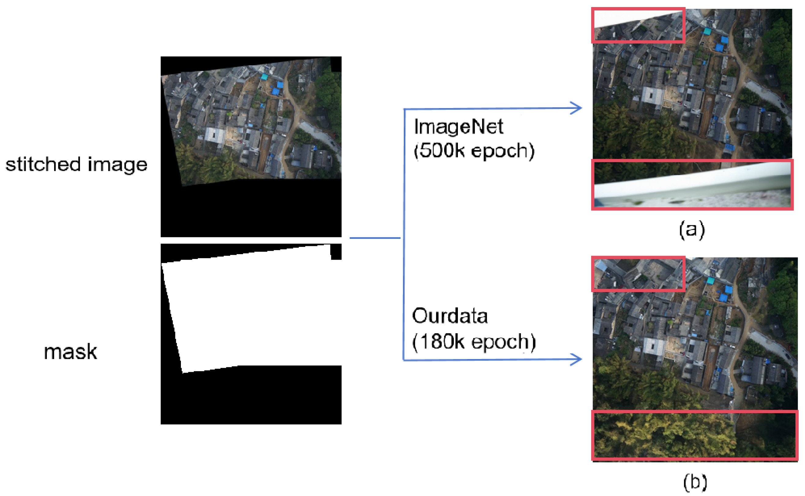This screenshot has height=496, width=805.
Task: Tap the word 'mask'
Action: click(70, 352)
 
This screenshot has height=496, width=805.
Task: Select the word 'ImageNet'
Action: click(458, 127)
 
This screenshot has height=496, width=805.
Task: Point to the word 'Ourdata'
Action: click(449, 316)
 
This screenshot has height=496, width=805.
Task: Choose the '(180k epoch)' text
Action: click(474, 342)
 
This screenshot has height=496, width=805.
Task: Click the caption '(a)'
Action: click(692, 230)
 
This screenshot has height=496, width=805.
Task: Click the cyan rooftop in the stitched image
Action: click(264, 77)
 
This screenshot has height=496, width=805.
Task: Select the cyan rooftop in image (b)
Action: click(710, 281)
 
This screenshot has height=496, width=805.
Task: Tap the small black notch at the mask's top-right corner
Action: click(336, 252)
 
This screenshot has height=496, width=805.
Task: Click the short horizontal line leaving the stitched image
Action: click(375, 238)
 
